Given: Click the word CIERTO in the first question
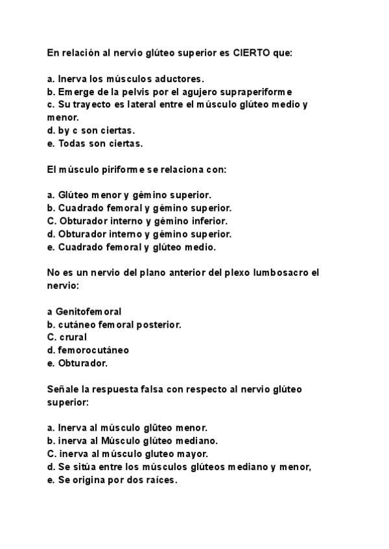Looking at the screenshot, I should [251, 53].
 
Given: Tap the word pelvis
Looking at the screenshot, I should [139, 92].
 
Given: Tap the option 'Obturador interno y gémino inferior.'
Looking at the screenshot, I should [137, 221].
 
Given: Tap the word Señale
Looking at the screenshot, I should [62, 389].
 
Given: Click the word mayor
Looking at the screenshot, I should [193, 454].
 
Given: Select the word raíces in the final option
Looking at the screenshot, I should [160, 480].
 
